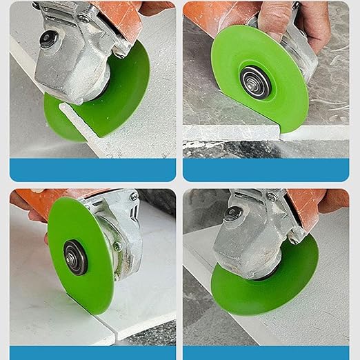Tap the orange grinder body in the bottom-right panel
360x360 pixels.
[303, 200]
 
